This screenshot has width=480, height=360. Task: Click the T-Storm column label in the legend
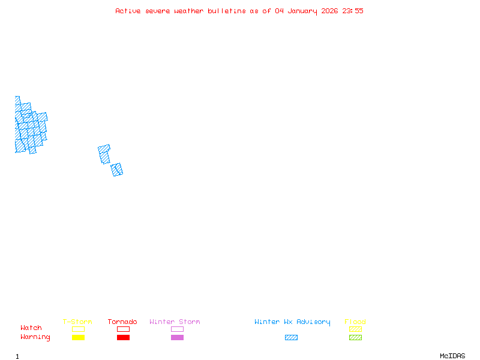77,322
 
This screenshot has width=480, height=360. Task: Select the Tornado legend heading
122,322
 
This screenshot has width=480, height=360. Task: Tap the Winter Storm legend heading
175,322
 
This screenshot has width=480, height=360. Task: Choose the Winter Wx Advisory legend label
292,322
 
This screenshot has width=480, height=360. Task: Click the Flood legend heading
355,322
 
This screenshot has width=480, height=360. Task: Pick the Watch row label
31,328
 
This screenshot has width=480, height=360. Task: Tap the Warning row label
35,337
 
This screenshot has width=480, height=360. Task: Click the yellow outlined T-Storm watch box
78,329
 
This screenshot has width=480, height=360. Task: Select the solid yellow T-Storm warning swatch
78,338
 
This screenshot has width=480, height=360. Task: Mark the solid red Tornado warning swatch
123,338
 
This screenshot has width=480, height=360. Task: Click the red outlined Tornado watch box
123,329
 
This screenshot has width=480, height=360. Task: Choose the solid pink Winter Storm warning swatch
177,338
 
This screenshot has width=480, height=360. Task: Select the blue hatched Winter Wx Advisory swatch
291,338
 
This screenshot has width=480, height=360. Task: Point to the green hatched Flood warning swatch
355,338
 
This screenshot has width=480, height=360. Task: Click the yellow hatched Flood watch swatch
355,329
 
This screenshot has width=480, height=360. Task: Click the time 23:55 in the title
353,11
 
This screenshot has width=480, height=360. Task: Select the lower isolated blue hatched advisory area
117,170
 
